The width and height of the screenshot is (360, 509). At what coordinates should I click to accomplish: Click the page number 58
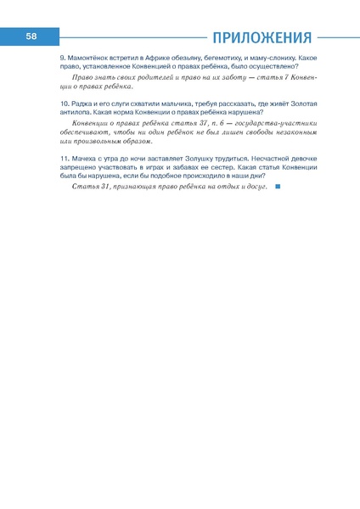click(31, 36)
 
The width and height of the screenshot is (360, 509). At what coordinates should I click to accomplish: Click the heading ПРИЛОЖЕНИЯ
click(262, 37)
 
